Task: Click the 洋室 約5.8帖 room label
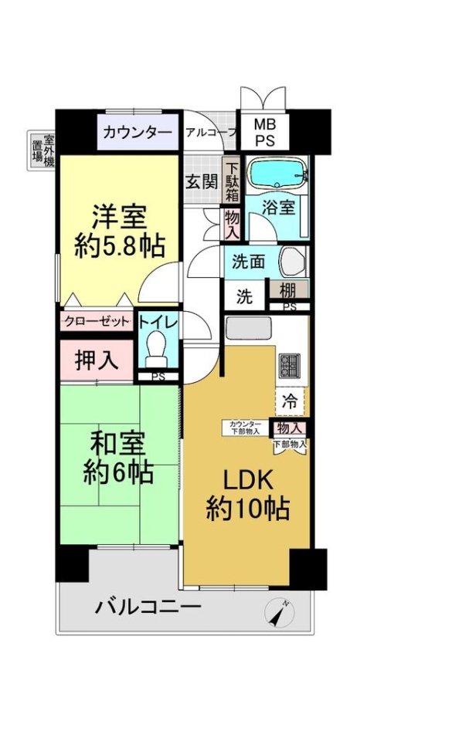tap(119, 229)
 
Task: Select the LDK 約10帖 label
tap(247, 493)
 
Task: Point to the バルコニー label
tap(148, 607)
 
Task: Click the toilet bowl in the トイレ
tap(157, 350)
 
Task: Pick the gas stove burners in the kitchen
tap(289, 365)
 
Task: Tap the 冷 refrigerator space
tap(290, 401)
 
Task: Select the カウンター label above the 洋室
tap(138, 132)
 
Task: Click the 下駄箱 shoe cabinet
tap(232, 179)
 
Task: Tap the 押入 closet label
tap(97, 360)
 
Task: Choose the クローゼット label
tap(97, 321)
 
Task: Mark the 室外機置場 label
tap(42, 151)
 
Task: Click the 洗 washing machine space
tap(243, 296)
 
